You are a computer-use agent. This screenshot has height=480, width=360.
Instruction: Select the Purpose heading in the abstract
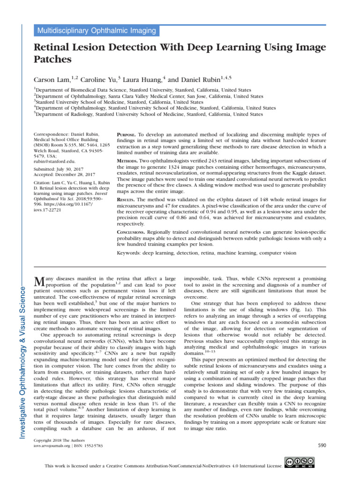[127, 134]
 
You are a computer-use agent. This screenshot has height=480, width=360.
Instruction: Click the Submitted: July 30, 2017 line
[59, 170]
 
